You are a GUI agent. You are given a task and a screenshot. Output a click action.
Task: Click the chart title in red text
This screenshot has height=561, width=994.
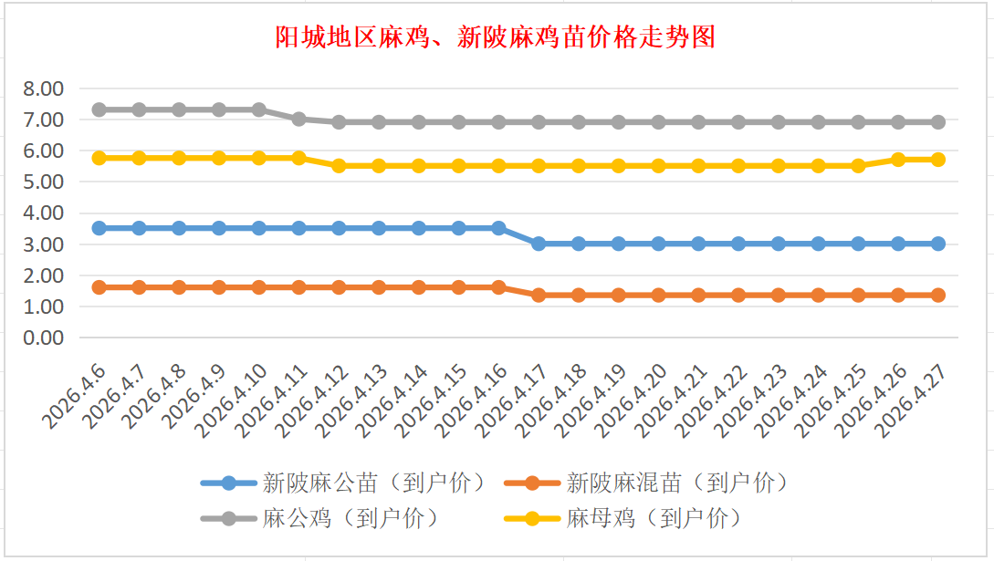point(496,37)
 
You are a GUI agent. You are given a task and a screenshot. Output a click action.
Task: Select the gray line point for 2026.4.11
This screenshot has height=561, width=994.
point(298,119)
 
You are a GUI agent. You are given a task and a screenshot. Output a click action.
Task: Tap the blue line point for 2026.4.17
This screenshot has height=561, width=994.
point(539,244)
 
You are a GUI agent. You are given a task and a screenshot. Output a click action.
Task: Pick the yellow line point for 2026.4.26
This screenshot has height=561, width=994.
point(898,159)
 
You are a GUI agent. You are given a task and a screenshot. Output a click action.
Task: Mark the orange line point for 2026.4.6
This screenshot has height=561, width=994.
point(99,286)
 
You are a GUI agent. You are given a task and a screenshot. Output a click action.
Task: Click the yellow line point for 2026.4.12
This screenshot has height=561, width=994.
point(339,165)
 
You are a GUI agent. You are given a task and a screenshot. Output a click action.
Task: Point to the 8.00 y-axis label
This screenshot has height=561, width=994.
point(44,88)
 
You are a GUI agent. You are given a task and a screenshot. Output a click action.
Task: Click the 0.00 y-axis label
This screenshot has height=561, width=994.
point(44,338)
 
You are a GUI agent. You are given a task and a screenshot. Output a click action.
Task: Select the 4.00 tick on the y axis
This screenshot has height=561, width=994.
point(44,213)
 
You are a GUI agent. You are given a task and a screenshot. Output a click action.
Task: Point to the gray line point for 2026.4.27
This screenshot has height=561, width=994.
point(937,121)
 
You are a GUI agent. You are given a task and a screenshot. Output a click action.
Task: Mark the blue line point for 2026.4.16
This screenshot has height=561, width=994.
point(498,228)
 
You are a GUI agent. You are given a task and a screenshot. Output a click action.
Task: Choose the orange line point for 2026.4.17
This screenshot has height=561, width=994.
point(539,295)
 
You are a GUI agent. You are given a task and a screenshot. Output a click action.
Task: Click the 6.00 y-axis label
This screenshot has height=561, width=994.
point(44,151)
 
